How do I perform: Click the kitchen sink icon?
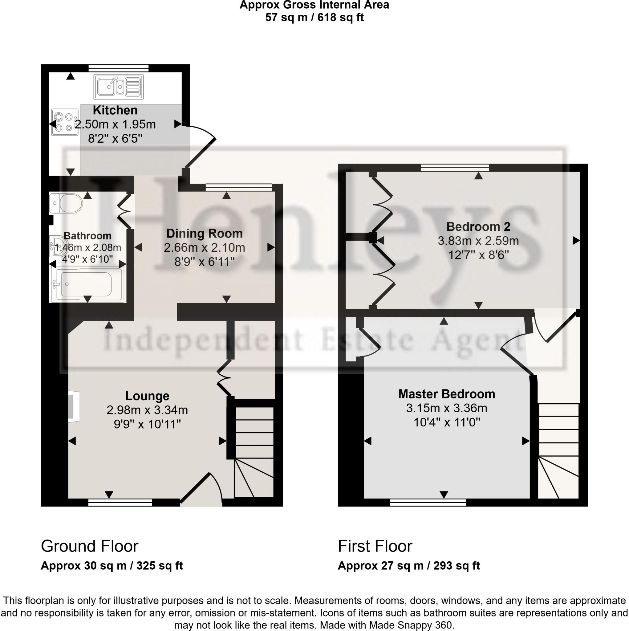(x=118, y=87)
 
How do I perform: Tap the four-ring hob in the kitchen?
(x=64, y=122)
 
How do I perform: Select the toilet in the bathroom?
(x=66, y=203)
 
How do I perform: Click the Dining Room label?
(x=205, y=234)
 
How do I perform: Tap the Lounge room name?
(x=147, y=396)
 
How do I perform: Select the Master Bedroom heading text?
(x=446, y=394)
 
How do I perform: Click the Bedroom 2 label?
(x=478, y=226)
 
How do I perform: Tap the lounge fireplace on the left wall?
(x=74, y=407)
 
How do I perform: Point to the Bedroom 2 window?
(x=455, y=168)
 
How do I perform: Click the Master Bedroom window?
(x=428, y=502)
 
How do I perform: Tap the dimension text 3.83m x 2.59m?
(x=478, y=241)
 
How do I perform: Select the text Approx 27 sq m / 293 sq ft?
(x=408, y=565)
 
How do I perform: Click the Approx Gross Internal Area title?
(x=314, y=5)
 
